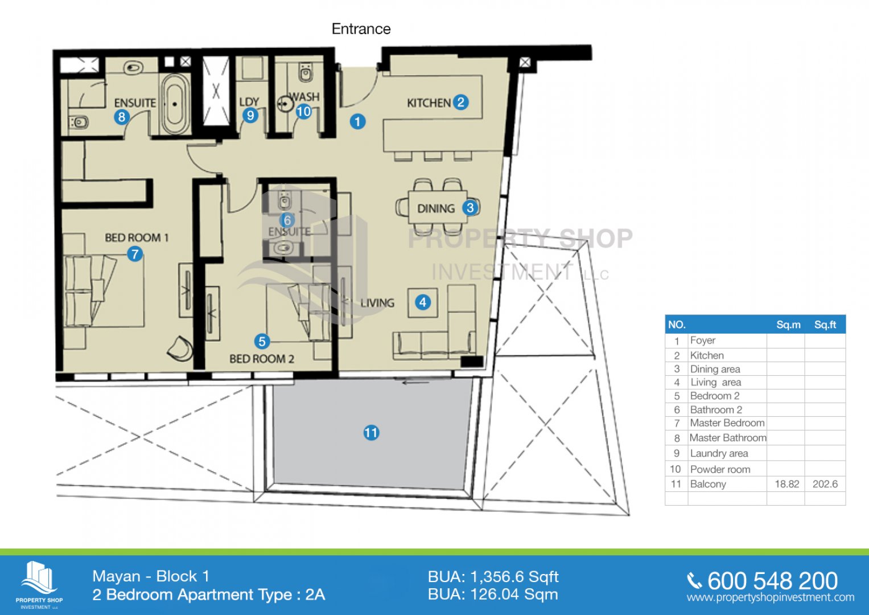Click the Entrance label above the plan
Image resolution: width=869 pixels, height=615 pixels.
[361, 29]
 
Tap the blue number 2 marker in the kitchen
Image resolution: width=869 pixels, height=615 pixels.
[460, 102]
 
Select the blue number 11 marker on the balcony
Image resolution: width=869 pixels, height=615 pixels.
[371, 433]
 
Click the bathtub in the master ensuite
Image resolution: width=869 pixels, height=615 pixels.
[175, 104]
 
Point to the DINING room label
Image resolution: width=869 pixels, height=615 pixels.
[436, 209]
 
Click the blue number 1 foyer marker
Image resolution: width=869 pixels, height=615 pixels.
[357, 121]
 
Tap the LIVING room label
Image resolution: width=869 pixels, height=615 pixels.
[377, 303]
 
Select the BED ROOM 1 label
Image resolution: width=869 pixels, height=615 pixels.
[137, 237]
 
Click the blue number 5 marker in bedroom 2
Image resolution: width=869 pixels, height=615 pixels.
[262, 341]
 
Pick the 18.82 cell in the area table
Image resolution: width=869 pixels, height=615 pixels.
[786, 484]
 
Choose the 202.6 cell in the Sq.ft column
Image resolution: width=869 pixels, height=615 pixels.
[825, 484]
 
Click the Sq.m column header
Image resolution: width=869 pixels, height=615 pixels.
[788, 325]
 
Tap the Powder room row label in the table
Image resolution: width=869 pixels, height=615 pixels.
[720, 469]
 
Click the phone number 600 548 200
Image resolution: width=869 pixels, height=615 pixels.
[772, 581]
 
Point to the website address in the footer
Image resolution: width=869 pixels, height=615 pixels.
[771, 597]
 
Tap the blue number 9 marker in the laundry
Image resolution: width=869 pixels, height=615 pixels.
[250, 115]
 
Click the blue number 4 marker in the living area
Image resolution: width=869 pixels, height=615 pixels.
[422, 302]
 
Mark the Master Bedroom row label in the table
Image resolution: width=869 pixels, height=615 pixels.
[727, 423]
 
